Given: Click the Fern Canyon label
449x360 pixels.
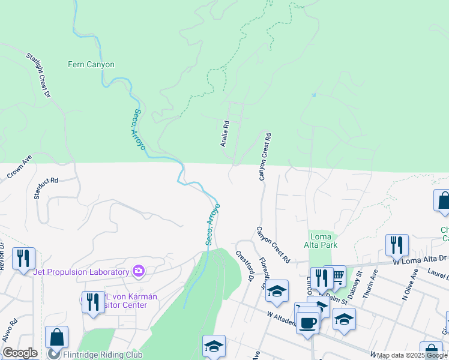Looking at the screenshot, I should click(x=91, y=65).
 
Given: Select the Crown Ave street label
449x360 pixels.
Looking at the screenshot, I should click(x=19, y=167).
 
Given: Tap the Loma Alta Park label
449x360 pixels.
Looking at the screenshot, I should click(x=323, y=241).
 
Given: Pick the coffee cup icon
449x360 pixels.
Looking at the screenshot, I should click(x=307, y=321).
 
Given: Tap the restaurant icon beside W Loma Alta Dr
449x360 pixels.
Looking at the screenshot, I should click(x=397, y=245).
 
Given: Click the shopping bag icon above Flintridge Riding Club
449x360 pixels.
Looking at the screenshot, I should click(x=56, y=337).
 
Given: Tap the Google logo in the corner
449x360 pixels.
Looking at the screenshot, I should click(x=20, y=353).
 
